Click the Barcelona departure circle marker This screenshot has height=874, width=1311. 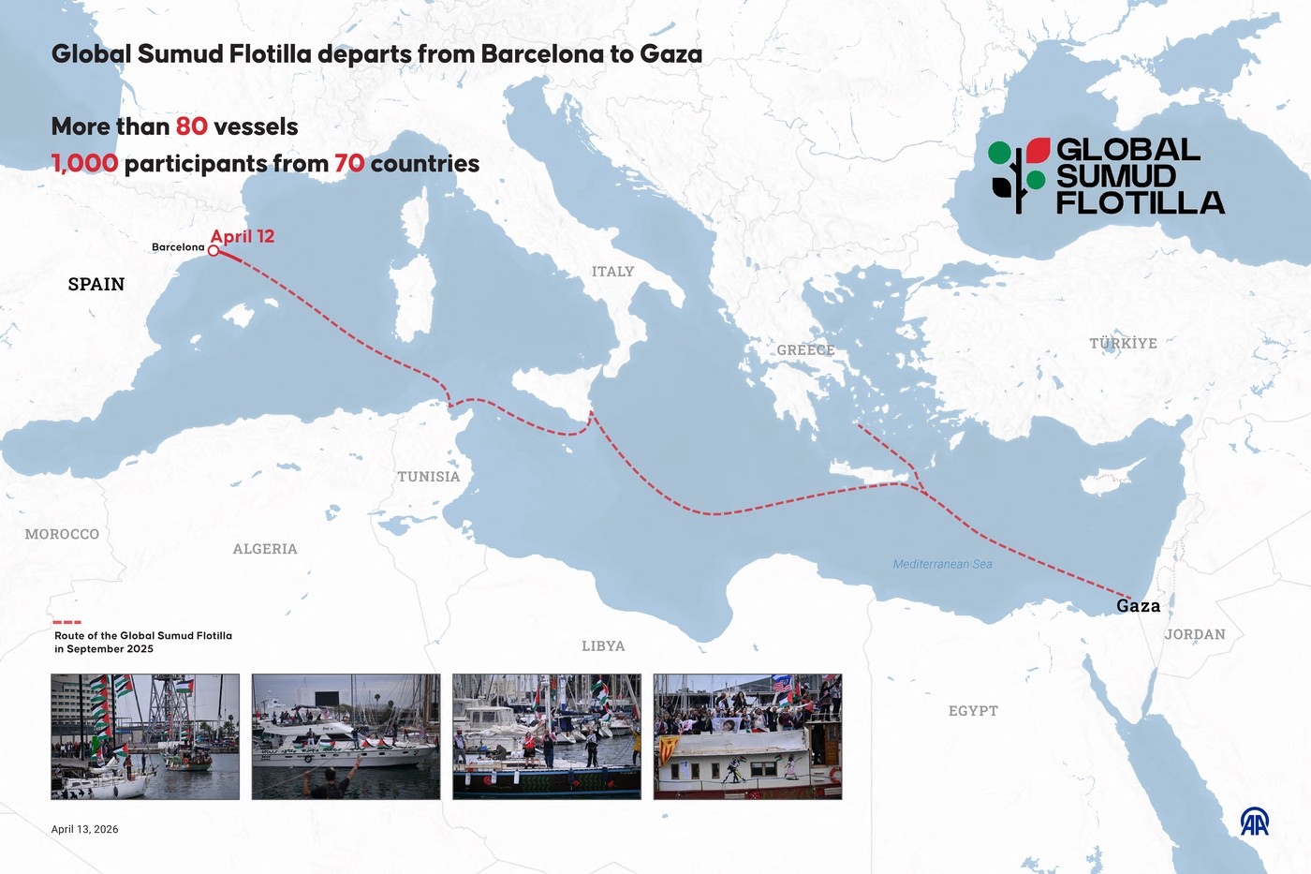[214, 250]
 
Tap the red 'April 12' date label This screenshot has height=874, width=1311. [242, 236]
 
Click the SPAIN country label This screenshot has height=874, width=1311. [96, 284]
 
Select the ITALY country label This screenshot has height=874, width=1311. [612, 272]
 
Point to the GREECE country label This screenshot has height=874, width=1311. [805, 350]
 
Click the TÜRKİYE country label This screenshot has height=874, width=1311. [1123, 344]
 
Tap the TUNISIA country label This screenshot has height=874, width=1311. [428, 477]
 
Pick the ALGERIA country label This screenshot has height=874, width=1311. [265, 549]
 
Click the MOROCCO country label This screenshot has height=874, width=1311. [62, 534]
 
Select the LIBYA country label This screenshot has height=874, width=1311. [603, 646]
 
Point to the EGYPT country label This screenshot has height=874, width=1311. [973, 711]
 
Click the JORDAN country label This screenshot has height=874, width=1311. [1195, 634]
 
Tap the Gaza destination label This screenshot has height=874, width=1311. [1138, 606]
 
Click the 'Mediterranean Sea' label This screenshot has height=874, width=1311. [942, 564]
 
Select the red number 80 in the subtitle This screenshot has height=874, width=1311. [191, 126]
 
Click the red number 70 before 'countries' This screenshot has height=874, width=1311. [349, 164]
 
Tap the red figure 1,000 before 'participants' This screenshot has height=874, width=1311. [84, 164]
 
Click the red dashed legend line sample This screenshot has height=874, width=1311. [66, 622]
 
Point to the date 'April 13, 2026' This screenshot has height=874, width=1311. [84, 829]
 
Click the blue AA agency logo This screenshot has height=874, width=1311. [1254, 822]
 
